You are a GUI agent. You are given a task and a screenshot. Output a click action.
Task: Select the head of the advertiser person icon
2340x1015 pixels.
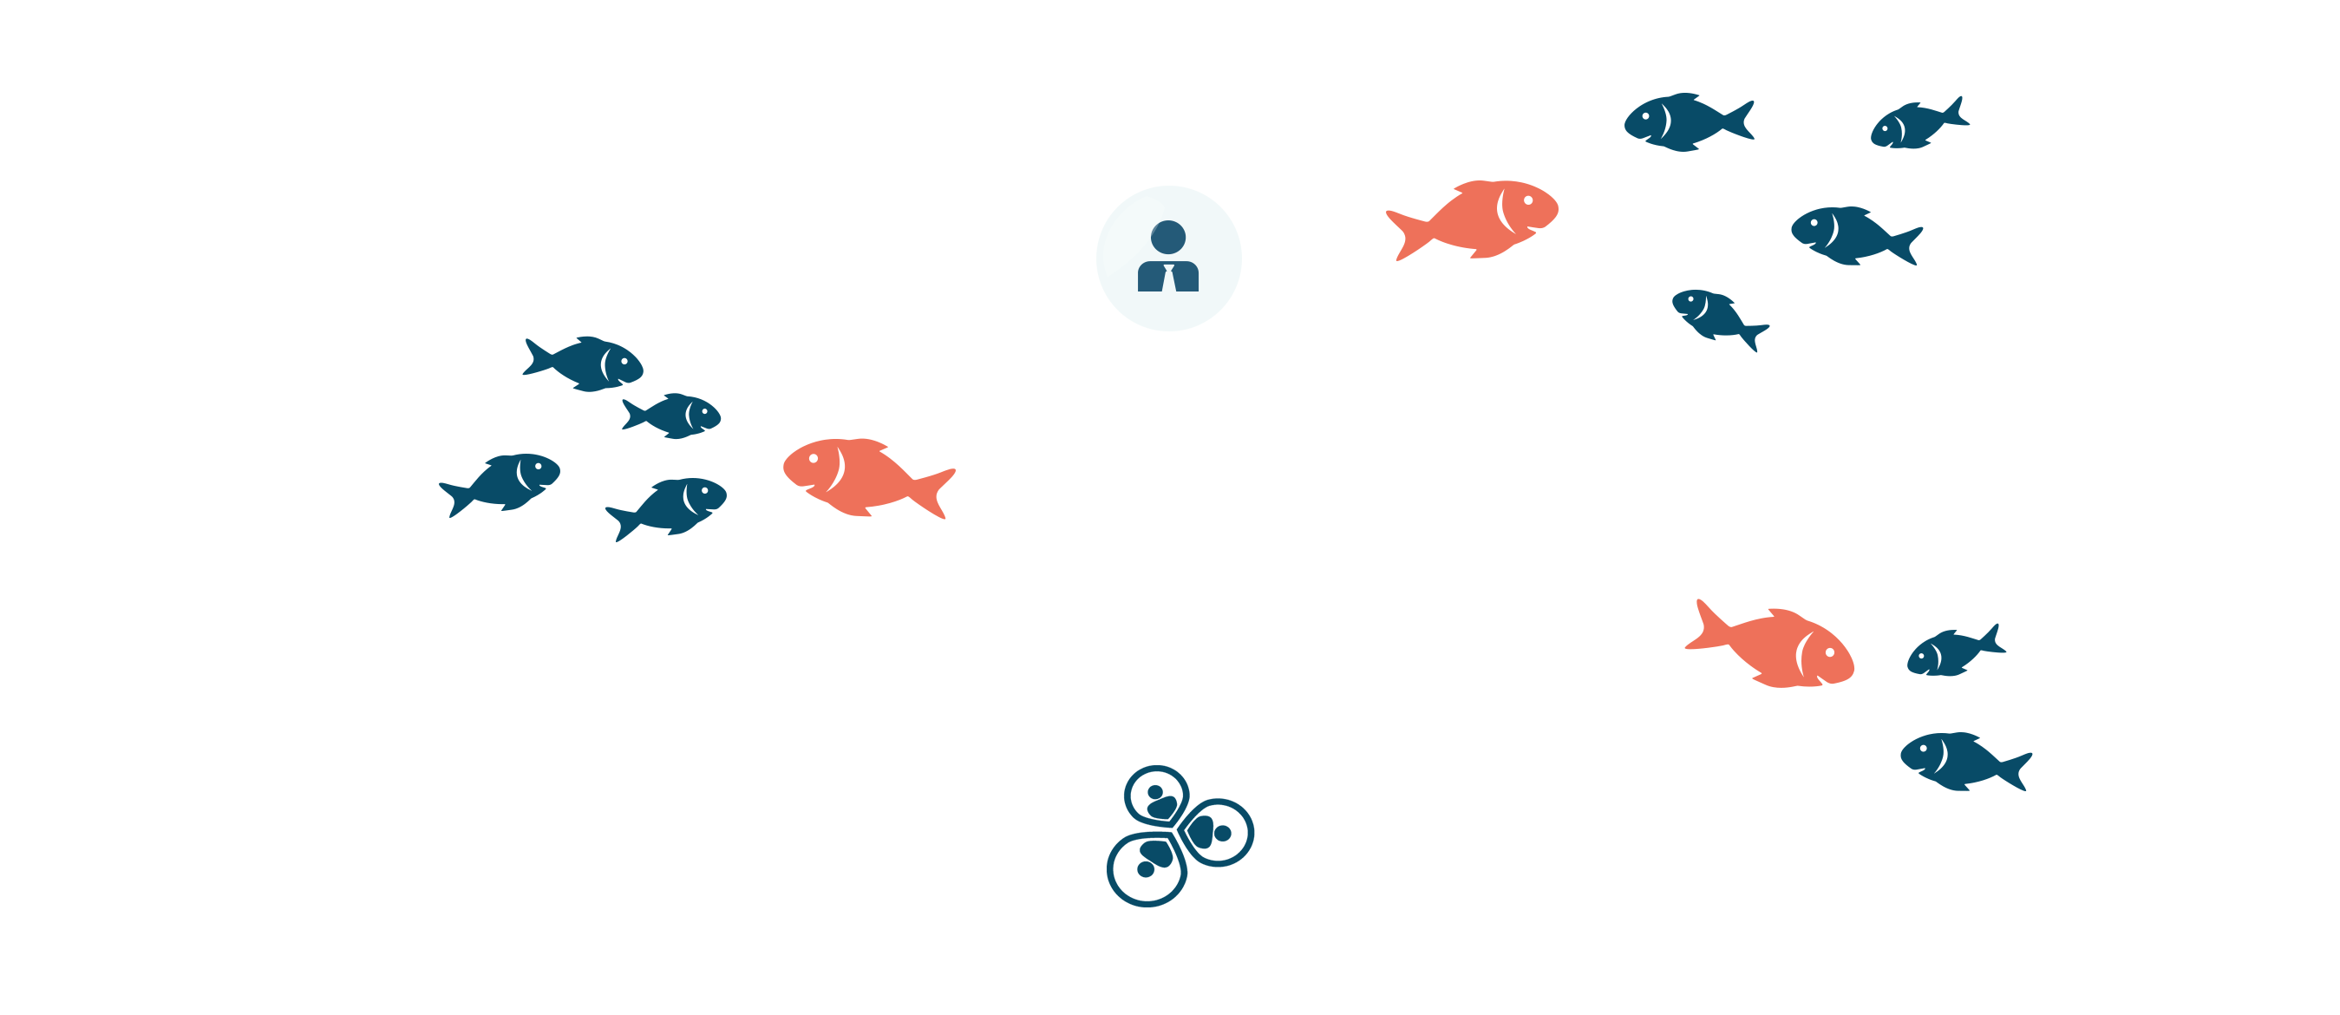click(x=1168, y=236)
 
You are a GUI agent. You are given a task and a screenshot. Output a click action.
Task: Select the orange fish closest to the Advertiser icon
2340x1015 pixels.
click(x=1476, y=218)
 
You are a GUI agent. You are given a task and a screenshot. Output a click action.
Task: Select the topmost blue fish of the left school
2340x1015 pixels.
click(x=585, y=363)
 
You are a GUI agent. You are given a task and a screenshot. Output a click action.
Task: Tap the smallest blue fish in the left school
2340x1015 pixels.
click(x=673, y=416)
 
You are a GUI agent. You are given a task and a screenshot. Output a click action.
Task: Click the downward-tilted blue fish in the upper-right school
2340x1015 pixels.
click(x=1720, y=318)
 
